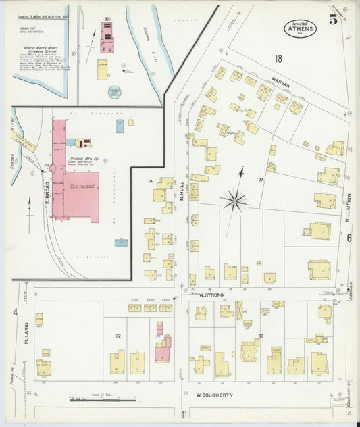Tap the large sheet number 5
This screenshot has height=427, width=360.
point(333,20)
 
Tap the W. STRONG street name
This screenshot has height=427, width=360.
point(211,295)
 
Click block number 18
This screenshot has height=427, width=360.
point(278,59)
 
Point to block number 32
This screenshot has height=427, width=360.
point(118,336)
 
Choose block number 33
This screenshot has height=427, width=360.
point(260,336)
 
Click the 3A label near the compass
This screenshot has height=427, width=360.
point(260,180)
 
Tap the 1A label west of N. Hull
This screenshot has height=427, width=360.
point(151,181)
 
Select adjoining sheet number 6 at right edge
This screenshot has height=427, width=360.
point(349,238)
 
